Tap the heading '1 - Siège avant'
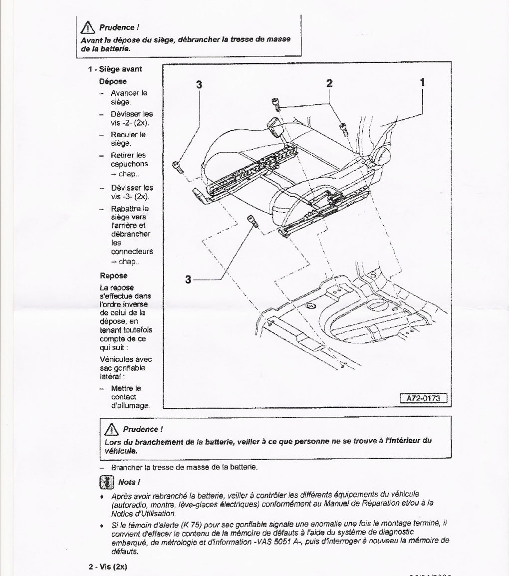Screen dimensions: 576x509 (115, 69)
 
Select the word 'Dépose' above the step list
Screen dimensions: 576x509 (113, 81)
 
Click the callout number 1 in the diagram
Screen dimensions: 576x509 (422, 83)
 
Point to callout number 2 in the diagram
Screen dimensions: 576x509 (329, 83)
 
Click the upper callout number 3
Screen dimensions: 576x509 (199, 85)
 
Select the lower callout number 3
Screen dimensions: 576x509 (188, 280)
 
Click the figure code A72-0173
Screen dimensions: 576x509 (423, 398)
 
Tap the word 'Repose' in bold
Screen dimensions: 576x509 (114, 276)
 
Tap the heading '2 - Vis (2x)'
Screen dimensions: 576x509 (109, 568)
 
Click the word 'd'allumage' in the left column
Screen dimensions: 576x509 (130, 406)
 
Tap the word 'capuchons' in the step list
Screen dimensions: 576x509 (129, 164)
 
